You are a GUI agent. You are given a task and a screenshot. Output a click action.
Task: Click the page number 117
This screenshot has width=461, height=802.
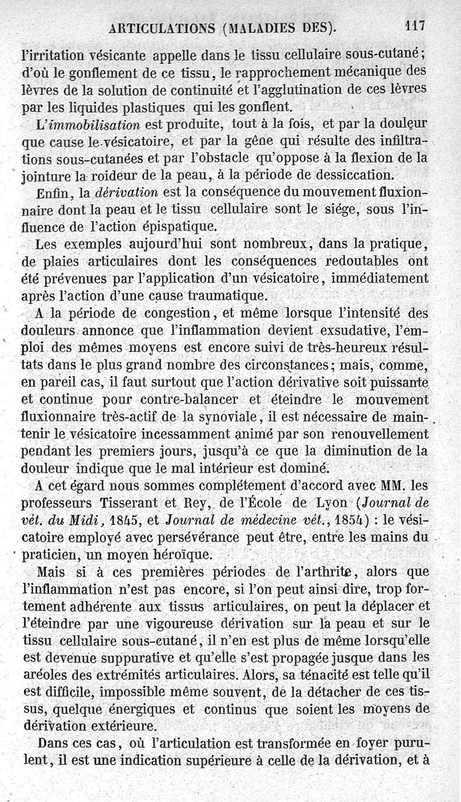tap(414, 25)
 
